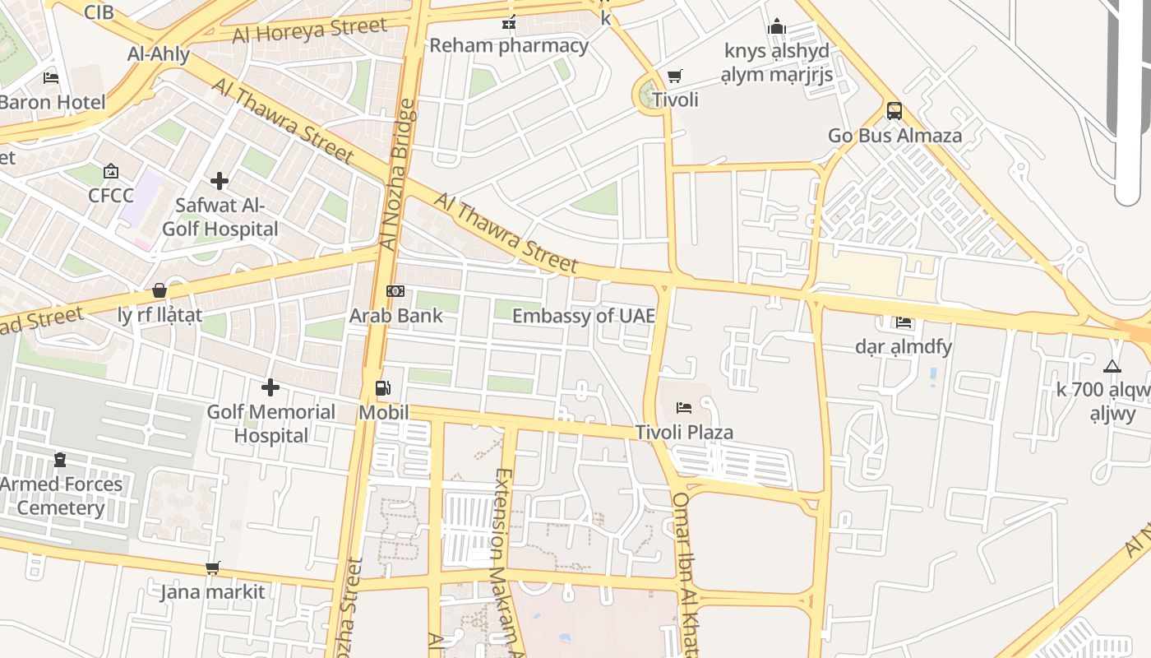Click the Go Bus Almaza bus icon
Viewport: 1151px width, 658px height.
pyautogui.click(x=894, y=111)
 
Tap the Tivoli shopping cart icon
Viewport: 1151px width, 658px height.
pyautogui.click(x=675, y=76)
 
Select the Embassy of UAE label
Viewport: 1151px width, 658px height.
pyautogui.click(x=583, y=316)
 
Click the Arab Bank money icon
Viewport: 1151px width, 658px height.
pyautogui.click(x=395, y=291)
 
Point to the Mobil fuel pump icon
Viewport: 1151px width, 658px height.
pyautogui.click(x=382, y=388)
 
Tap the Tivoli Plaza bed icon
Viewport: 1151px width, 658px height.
pyautogui.click(x=683, y=408)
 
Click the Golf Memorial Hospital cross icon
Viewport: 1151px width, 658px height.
pyautogui.click(x=270, y=387)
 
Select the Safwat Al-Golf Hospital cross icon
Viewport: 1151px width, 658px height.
pyautogui.click(x=220, y=180)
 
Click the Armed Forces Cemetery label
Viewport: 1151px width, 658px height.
pyautogui.click(x=61, y=496)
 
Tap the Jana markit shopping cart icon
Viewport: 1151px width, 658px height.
pyautogui.click(x=213, y=568)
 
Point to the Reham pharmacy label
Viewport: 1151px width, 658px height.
pyautogui.click(x=509, y=45)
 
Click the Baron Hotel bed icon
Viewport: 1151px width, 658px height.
pyautogui.click(x=51, y=78)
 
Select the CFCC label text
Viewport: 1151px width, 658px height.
pyautogui.click(x=111, y=196)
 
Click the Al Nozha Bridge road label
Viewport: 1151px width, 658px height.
pyautogui.click(x=397, y=174)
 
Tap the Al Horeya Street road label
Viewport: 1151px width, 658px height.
pyautogui.click(x=309, y=30)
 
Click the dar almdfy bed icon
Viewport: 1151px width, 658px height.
pyautogui.click(x=904, y=322)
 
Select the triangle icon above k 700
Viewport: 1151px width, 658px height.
pyautogui.click(x=1112, y=367)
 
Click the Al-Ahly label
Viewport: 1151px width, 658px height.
pyautogui.click(x=159, y=54)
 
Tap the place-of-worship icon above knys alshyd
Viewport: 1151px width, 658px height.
pyautogui.click(x=777, y=27)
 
